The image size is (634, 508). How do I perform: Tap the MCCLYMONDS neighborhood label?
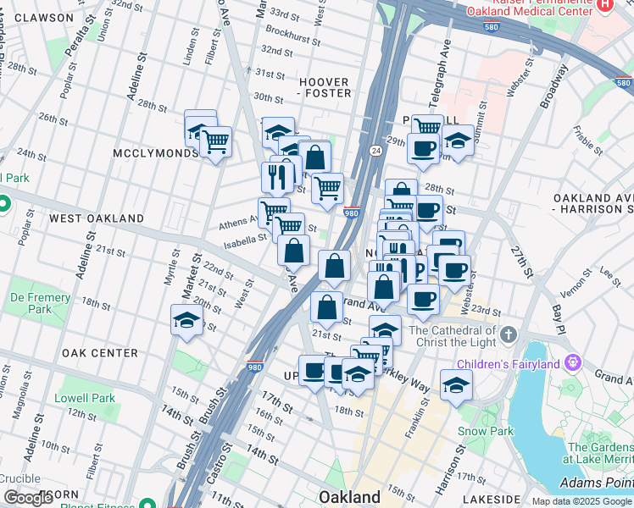149,153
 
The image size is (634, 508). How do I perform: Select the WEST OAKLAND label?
96,218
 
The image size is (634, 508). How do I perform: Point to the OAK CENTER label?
99,352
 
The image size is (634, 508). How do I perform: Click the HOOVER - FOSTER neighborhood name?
325,87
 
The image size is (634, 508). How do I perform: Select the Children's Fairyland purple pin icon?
573,362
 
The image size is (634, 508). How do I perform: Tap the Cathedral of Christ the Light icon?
508,334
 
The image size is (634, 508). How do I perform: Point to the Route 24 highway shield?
375,150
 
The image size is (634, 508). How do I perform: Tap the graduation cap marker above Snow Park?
456,385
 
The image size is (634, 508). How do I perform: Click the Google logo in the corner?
28,498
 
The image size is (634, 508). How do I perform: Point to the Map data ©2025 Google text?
581,501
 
